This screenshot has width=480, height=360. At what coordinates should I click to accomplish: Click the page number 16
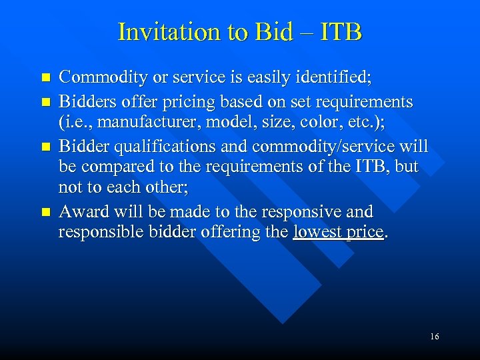point(434,337)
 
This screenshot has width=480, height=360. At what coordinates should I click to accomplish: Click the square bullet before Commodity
point(45,79)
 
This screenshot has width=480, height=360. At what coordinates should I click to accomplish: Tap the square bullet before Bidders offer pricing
point(45,103)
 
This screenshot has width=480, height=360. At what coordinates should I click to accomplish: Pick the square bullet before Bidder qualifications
point(45,147)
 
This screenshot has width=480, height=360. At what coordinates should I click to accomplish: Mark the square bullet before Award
point(45,212)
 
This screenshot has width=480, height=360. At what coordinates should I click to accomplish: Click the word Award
point(83,212)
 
